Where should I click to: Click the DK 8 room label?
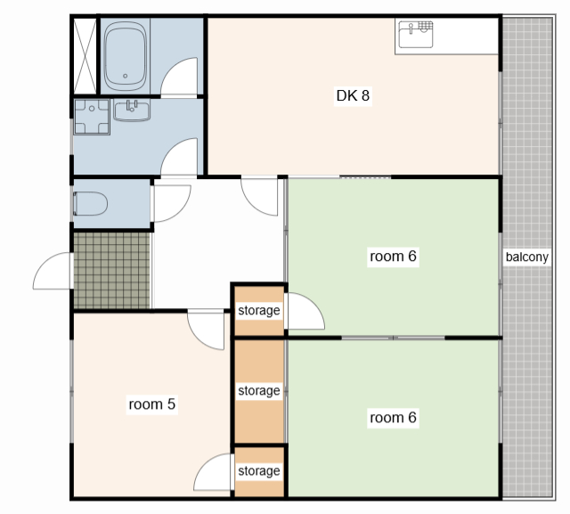click(x=353, y=95)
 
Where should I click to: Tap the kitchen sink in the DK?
click(x=416, y=35)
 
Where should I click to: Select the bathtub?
click(x=126, y=56)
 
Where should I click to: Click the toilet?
click(x=90, y=204)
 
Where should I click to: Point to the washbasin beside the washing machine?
click(x=132, y=110)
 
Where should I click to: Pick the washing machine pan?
click(x=92, y=117)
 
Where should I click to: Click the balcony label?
click(x=526, y=257)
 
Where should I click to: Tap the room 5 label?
click(x=152, y=404)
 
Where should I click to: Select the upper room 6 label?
click(x=393, y=257)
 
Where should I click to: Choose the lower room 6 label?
click(x=393, y=418)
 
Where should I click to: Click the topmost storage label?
click(x=259, y=310)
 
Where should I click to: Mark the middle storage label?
click(x=259, y=391)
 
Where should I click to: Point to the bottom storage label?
click(x=259, y=470)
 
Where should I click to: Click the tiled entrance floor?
click(x=112, y=271)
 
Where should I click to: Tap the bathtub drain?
click(x=125, y=76)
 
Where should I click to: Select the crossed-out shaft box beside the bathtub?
click(x=85, y=56)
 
